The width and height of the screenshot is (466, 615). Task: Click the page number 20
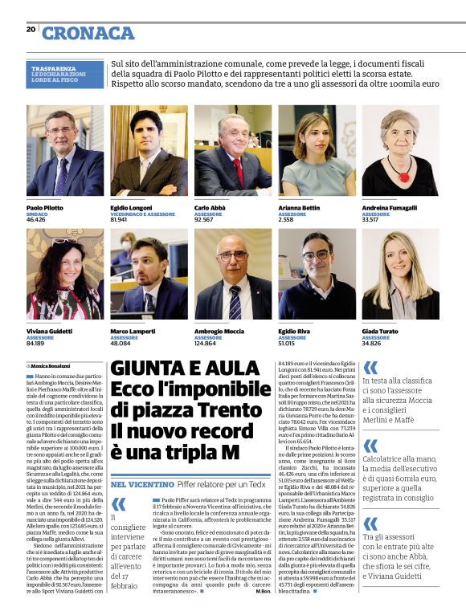tap(31, 29)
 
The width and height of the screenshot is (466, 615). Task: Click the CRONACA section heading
tap(88, 33)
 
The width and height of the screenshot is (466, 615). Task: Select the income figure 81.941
tap(121, 218)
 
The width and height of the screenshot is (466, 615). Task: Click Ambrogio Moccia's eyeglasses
tap(233, 256)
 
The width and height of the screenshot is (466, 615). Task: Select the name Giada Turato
tap(380, 332)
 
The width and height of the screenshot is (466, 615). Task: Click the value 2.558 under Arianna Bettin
tap(286, 218)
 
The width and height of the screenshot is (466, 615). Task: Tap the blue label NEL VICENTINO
tap(142, 485)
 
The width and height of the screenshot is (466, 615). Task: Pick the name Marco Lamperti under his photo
tap(133, 332)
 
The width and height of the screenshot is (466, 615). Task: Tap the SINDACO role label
tap(37, 214)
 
